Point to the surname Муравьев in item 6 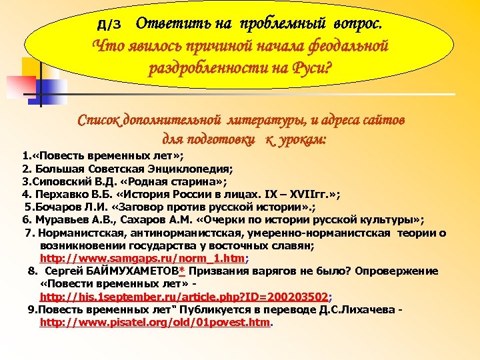pyautogui.click(x=64, y=219)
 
